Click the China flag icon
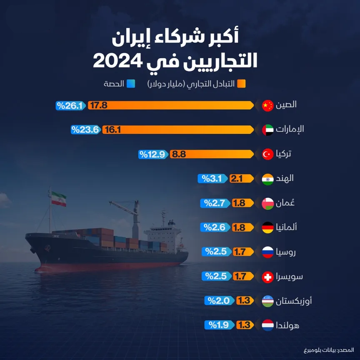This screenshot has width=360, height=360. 267,105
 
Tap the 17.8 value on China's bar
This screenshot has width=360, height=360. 99,105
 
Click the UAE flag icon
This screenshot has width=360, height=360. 267,130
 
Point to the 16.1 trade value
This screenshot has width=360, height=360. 112,130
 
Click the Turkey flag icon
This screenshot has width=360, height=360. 267,155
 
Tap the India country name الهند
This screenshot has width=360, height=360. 285,179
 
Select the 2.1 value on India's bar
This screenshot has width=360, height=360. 237,179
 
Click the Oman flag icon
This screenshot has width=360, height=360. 267,203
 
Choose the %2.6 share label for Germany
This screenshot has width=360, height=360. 214,227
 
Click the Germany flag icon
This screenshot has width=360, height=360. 267,227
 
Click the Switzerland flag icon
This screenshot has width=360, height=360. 267,276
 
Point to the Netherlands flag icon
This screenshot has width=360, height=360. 267,325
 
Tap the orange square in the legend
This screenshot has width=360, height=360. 241,83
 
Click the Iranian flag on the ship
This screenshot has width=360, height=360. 59,199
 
